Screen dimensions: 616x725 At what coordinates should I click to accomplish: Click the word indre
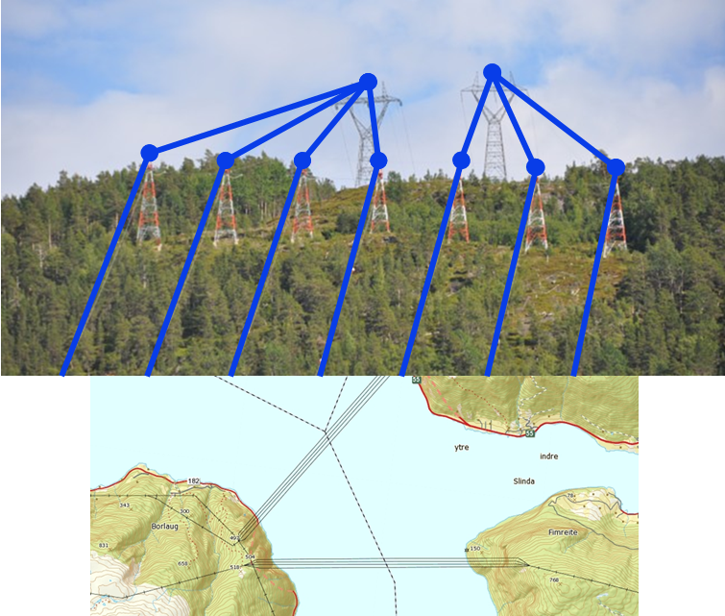[x=549, y=456]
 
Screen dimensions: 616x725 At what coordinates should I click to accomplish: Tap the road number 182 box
[x=194, y=480]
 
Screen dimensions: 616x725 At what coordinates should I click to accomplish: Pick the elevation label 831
[x=104, y=545]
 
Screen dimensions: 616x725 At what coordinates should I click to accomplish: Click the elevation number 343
[x=124, y=505]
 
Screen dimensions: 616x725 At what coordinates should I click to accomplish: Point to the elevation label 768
[x=553, y=579]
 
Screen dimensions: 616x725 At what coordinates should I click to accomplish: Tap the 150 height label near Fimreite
[x=474, y=548]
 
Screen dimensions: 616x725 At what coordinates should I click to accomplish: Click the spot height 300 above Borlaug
[x=184, y=511]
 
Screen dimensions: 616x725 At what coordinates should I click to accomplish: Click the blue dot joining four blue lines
[x=368, y=82]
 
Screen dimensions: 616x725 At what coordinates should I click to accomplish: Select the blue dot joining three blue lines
[x=493, y=72]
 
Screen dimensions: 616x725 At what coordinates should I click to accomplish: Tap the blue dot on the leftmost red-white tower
[x=149, y=153]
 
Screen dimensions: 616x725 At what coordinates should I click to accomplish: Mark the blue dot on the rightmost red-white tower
[x=616, y=167]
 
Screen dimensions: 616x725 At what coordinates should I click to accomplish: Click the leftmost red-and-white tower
[x=148, y=207]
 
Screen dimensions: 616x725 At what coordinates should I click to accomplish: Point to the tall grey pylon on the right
[x=494, y=135]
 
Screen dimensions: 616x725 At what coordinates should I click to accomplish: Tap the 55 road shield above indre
[x=529, y=433]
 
